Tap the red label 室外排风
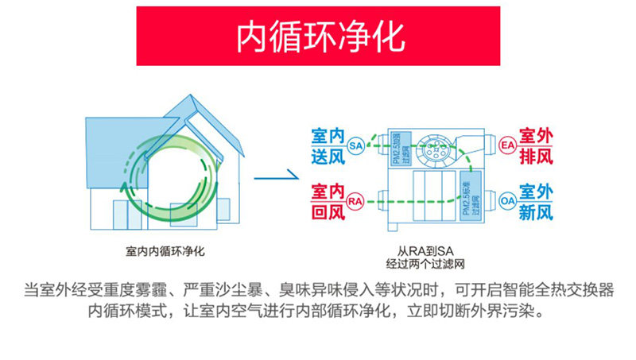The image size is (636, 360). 535,145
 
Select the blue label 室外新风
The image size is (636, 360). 535,202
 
